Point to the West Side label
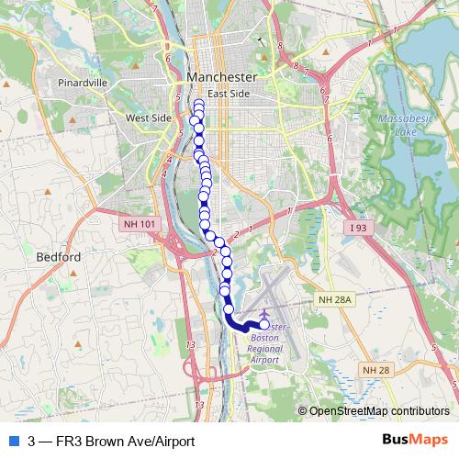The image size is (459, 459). (149, 118)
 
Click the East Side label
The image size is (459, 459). (229, 94)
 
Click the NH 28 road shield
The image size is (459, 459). (375, 369)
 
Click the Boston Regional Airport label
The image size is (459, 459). (269, 344)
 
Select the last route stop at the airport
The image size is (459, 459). (264, 325)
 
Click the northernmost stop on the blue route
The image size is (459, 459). (198, 103)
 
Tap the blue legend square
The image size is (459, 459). (11, 441)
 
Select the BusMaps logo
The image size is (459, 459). (418, 441)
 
